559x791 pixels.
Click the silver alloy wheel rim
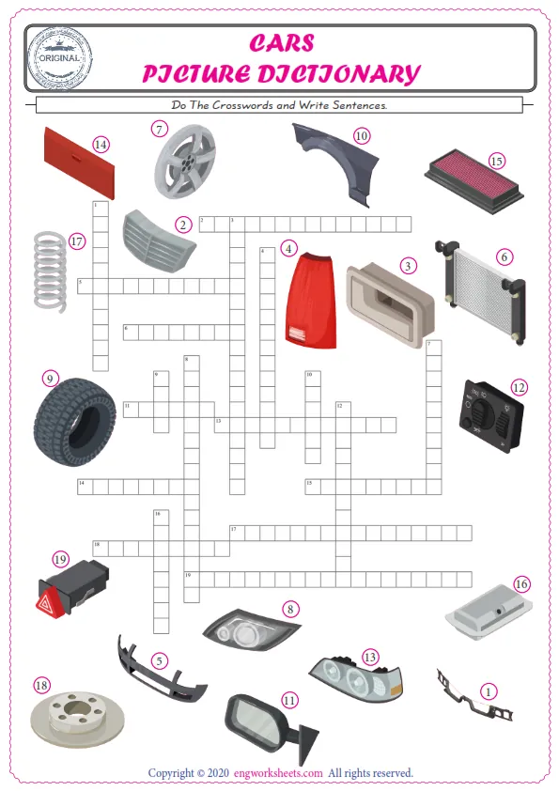(184, 162)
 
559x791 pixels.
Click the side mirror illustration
(263, 724)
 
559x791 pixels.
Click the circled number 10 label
(362, 136)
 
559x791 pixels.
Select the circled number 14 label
(101, 144)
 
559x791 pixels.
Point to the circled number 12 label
(518, 387)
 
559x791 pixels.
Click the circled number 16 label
(521, 583)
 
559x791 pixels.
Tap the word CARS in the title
(282, 44)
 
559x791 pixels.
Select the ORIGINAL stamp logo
(60, 55)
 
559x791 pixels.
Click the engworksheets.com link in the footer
(287, 773)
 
